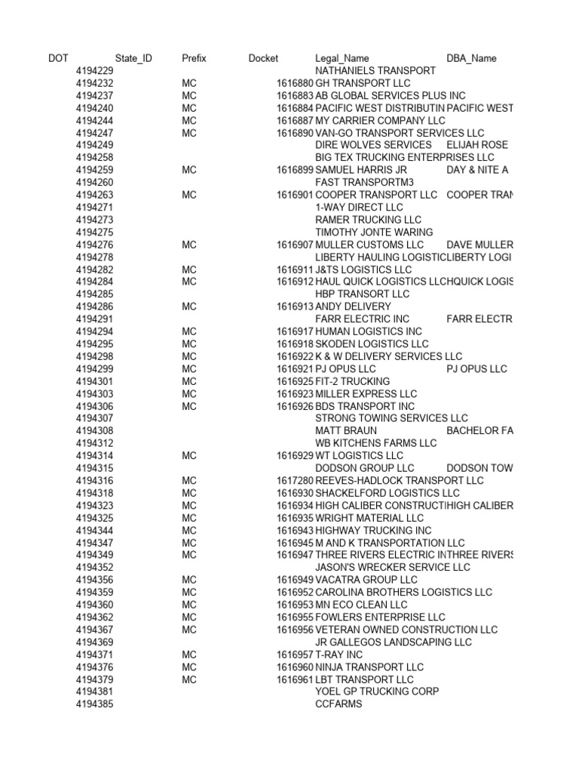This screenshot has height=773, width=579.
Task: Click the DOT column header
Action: [x=58, y=58]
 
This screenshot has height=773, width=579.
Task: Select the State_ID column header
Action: [x=133, y=58]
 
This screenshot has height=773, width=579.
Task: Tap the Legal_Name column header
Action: [x=342, y=58]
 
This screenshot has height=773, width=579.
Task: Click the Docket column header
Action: [x=263, y=58]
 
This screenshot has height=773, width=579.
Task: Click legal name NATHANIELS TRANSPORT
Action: [x=375, y=70]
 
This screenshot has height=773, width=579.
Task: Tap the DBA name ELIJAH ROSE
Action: [x=477, y=145]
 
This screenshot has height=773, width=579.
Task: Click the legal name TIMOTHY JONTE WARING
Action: [x=374, y=233]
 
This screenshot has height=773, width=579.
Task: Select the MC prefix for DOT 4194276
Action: [x=188, y=245]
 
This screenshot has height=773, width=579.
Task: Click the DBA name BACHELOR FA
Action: [x=479, y=431]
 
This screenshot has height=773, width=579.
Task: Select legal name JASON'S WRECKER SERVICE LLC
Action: [x=392, y=568]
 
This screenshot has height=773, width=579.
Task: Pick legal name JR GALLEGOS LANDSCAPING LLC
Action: [x=393, y=642]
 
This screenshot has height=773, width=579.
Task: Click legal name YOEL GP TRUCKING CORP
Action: [x=377, y=691]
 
